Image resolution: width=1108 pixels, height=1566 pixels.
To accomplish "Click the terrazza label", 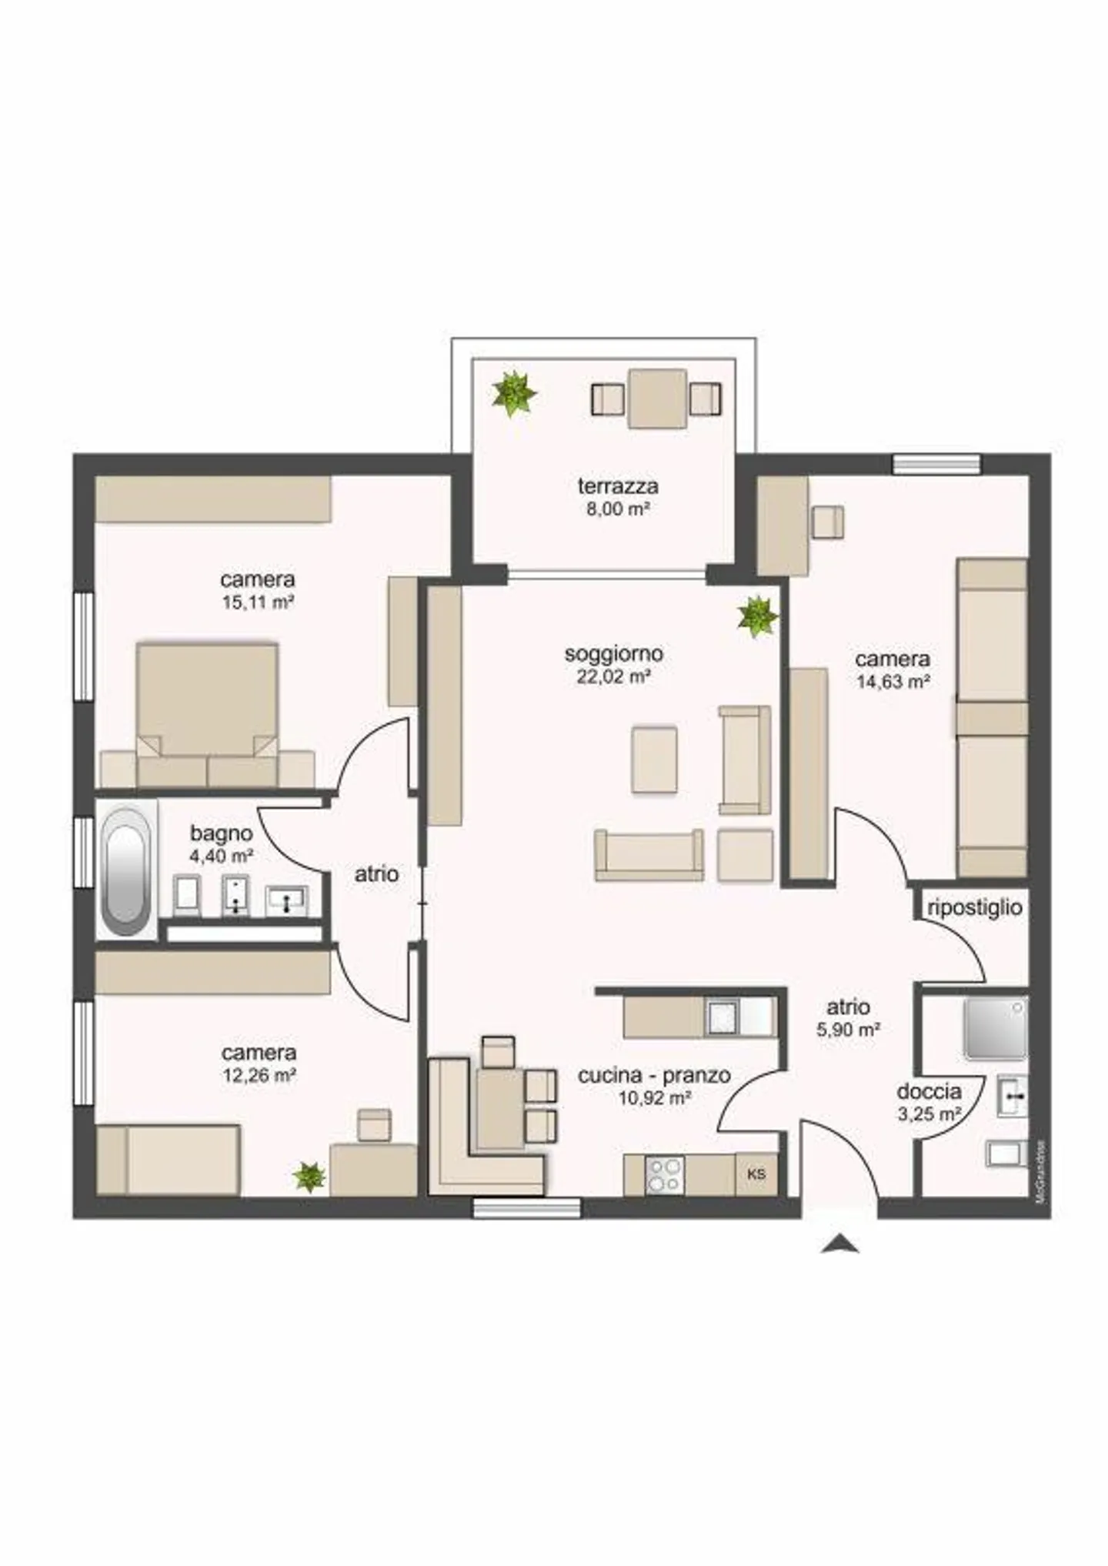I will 618,486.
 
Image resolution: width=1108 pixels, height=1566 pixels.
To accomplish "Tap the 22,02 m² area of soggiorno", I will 614,676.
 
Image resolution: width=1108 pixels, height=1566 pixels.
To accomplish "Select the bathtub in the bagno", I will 127,870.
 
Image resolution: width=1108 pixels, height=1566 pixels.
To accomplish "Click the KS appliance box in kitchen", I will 756,1174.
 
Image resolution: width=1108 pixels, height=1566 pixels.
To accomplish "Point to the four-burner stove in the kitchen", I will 665,1175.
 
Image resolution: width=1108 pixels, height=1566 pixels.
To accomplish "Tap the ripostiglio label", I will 975,908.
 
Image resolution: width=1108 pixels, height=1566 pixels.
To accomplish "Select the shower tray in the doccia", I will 996,1029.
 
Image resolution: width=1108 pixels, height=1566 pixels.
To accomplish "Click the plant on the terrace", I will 513,393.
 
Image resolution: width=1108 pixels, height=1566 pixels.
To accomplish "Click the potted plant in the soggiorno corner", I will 757,616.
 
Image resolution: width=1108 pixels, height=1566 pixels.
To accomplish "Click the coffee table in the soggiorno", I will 655,760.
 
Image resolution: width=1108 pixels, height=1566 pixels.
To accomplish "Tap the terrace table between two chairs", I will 657,399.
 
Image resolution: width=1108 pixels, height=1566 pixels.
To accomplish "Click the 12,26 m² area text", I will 260,1075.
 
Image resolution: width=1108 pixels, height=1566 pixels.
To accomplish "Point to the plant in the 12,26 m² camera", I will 309,1177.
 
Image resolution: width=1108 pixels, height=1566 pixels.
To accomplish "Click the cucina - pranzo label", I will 654,1076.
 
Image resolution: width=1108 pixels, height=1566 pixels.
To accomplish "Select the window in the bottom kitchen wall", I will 526,1209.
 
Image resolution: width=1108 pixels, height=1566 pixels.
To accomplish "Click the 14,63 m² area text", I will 893,681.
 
